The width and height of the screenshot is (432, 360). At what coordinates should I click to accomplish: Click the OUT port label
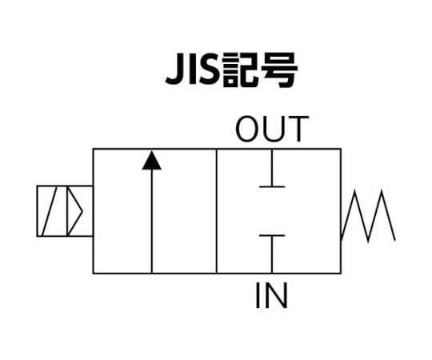click(272, 129)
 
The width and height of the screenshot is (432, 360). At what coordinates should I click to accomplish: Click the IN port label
click(272, 295)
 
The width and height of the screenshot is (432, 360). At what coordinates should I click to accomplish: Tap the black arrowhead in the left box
click(151, 160)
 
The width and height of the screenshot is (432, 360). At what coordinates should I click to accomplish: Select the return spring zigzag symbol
click(368, 216)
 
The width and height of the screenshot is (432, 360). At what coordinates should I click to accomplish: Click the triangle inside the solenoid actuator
click(74, 211)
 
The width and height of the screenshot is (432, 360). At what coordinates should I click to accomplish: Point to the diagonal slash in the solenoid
click(50, 211)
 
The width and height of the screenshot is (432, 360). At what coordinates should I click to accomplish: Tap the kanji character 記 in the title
click(239, 70)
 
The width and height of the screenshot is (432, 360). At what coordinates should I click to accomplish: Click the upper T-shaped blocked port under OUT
click(272, 168)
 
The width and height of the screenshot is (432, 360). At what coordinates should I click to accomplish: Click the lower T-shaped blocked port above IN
click(272, 254)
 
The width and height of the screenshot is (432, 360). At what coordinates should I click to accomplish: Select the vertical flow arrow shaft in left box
click(151, 221)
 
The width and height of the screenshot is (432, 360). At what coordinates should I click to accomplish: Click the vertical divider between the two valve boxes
click(217, 211)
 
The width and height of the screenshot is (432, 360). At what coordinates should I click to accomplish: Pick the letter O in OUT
click(247, 129)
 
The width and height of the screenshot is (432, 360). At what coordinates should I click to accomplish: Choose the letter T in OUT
click(298, 129)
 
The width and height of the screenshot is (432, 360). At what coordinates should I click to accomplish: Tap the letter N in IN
click(276, 295)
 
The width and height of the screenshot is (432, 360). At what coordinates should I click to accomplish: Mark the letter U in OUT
click(274, 129)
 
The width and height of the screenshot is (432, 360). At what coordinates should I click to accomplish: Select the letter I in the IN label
click(258, 295)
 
